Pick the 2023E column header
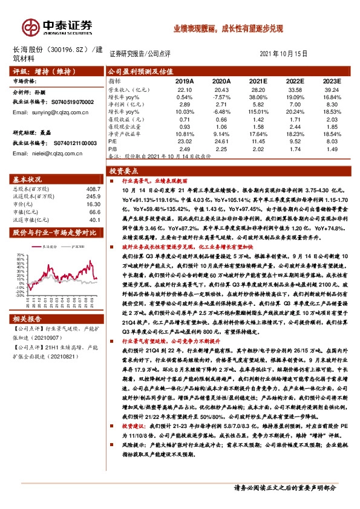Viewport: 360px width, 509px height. [332, 80]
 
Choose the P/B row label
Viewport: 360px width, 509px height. [113, 148]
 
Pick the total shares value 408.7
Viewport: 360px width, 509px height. [91, 189]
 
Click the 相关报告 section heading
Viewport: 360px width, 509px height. [27, 319]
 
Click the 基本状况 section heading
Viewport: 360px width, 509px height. [27, 180]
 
